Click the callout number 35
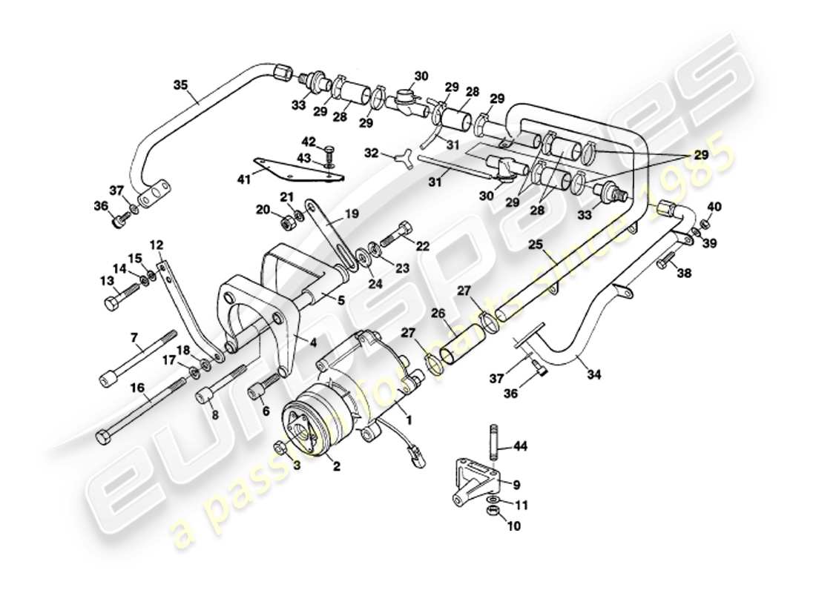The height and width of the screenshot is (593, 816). (181, 85)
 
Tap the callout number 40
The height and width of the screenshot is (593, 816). (714, 206)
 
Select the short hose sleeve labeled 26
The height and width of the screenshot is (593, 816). (463, 345)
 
